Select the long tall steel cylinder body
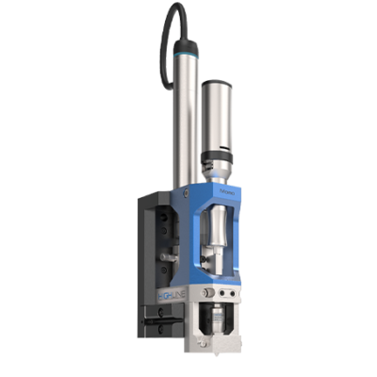click(180, 123)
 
